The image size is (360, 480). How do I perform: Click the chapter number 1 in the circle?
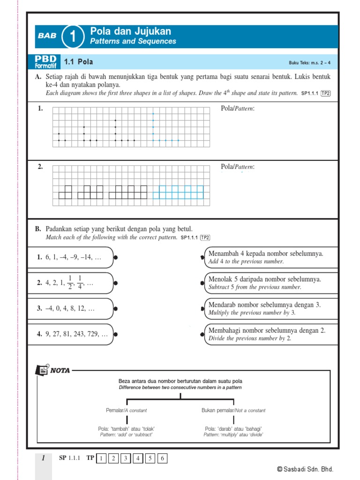73,36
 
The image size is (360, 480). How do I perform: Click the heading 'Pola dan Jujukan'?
130,31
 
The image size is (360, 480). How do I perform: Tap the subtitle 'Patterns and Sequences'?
133,41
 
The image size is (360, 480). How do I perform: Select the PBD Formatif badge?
45,61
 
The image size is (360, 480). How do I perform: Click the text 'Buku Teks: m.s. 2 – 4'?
309,63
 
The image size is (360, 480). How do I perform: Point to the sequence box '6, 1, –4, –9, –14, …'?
70,257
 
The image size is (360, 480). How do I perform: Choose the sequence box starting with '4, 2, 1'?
70,283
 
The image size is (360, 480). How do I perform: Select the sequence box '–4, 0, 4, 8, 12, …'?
70,309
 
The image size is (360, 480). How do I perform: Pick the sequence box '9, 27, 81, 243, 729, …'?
70,335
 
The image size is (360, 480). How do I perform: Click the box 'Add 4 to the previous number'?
271,257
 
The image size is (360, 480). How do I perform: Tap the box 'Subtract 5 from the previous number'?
271,283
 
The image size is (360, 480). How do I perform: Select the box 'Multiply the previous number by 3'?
271,309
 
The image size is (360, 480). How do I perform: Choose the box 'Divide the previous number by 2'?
271,335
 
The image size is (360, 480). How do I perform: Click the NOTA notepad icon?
42,370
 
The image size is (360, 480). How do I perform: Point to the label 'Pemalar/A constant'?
126,410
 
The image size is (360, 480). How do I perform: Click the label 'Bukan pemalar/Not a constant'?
233,410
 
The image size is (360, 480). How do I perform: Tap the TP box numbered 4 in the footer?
138,458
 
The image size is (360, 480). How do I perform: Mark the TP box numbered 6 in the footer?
162,458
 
